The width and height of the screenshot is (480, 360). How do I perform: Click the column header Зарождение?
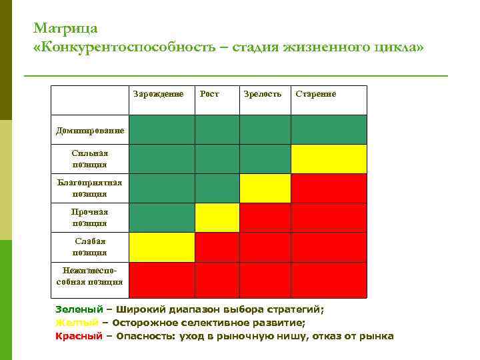point(158,94)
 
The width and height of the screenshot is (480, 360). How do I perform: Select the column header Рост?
point(209,94)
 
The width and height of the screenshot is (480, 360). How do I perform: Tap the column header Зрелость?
point(263,94)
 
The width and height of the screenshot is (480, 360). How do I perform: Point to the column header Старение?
point(316,94)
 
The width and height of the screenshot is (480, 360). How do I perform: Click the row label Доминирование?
point(89,130)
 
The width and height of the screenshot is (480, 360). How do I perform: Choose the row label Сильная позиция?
point(89,159)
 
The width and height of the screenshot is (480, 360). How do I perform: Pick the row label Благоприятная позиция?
point(89,188)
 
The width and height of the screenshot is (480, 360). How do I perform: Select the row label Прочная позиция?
point(89,217)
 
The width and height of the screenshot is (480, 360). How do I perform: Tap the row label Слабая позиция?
point(89,247)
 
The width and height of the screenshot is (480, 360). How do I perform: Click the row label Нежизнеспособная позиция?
point(89,276)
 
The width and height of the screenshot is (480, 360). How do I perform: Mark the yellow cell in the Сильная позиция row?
point(329,159)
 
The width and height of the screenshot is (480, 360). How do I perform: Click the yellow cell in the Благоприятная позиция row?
point(265,188)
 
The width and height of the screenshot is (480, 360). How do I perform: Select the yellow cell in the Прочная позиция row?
point(217,217)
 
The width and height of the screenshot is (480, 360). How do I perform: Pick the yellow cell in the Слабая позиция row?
point(161,247)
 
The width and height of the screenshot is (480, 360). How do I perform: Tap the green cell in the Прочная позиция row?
point(161,217)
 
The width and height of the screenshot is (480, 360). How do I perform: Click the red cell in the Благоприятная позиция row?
point(329,188)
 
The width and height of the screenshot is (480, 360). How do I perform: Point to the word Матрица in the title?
point(65,29)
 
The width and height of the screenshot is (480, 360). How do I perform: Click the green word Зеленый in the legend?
point(79,309)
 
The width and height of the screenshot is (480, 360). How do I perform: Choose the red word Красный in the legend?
point(79,336)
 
